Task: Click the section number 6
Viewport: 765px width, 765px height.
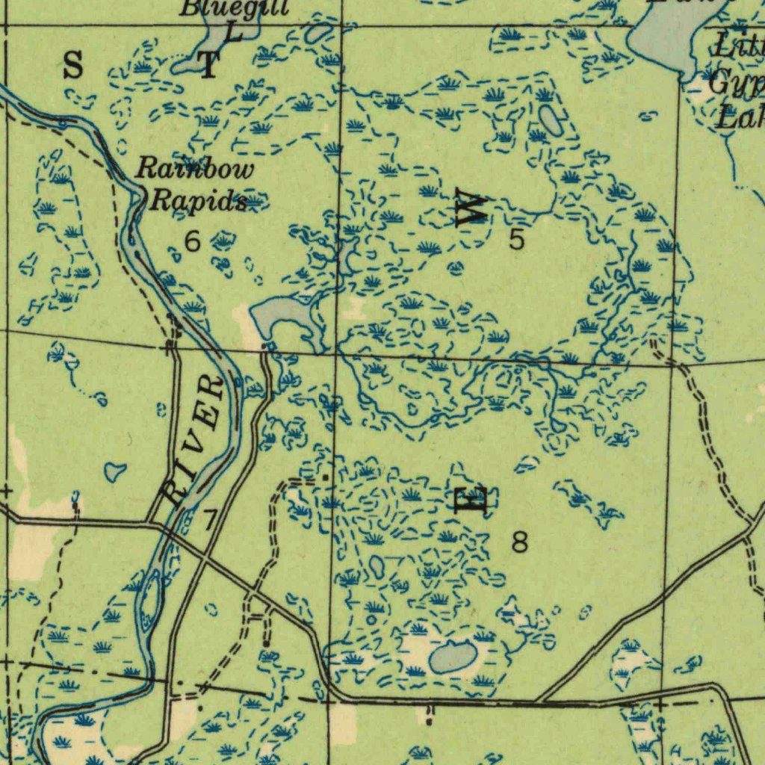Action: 193,241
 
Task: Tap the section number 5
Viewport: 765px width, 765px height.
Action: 517,239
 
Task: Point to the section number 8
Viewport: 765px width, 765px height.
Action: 520,542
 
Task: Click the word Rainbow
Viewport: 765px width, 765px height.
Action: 196,170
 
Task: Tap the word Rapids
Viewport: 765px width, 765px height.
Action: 199,200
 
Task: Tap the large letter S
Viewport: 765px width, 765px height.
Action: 72,66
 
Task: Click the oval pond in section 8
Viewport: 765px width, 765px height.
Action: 453,657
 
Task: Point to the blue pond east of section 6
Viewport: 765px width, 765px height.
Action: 276,314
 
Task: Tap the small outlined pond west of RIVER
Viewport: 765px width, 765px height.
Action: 114,471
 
